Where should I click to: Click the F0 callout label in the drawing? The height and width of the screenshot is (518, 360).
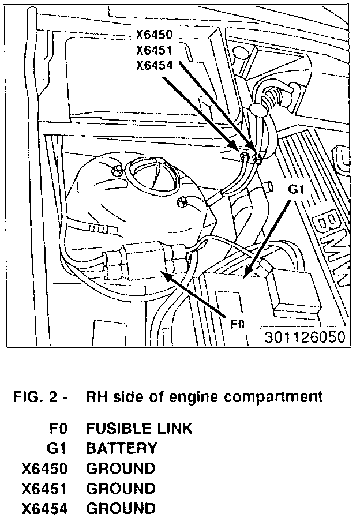(x=237, y=324)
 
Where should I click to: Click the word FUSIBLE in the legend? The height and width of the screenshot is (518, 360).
(x=121, y=429)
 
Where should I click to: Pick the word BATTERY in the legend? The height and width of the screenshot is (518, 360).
(x=121, y=448)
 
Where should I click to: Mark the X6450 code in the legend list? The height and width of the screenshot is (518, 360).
(x=45, y=468)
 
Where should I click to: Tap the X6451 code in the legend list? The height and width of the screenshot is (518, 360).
(x=45, y=488)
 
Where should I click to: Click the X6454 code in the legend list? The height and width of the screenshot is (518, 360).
(x=45, y=508)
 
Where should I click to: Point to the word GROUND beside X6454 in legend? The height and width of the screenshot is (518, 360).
(x=121, y=508)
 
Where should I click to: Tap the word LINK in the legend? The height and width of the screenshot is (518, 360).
(x=175, y=429)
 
